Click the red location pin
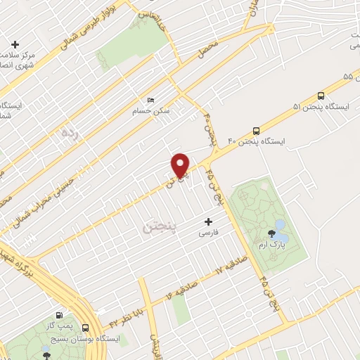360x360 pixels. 181,165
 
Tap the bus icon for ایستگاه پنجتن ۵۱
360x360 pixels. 321,96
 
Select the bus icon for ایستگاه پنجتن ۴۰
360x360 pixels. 256,131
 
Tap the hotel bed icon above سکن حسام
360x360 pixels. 149,100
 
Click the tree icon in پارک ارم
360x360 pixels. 271,234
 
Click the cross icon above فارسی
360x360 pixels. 208,221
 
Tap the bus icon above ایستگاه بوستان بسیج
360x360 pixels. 85,328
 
